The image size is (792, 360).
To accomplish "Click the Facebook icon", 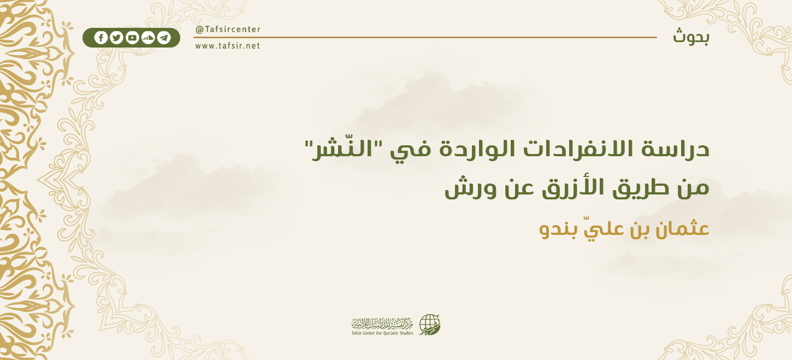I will pos(101,38).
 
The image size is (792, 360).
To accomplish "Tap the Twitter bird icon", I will pos(116,38).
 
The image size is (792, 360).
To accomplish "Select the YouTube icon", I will pos(132,38).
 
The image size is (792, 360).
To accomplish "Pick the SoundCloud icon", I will pos(148,38).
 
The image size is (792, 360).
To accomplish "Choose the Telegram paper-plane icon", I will pos(164,38).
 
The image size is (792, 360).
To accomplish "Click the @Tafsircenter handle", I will pos(228,29).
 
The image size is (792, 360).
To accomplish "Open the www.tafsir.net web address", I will pos(228,46).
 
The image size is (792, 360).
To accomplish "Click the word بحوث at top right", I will pos(691,37).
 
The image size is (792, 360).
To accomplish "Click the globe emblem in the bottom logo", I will pos(429,325).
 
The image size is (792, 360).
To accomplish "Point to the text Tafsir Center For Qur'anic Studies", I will pos(382,333).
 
